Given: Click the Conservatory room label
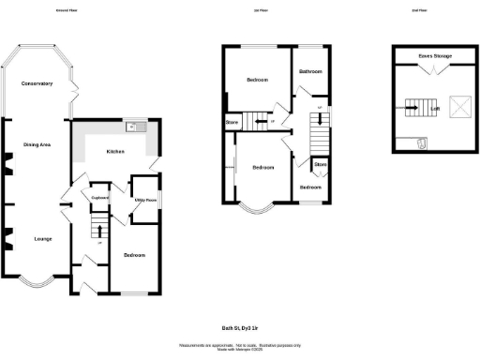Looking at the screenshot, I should (x=37, y=84).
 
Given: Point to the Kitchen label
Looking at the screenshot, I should (x=115, y=151).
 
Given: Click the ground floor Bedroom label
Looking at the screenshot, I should (x=134, y=255).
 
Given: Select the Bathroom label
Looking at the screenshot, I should (x=311, y=72).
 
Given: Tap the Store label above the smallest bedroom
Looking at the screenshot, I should (x=320, y=165).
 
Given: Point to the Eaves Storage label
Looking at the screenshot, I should (x=435, y=56).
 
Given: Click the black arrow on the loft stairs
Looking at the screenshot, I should (x=411, y=108).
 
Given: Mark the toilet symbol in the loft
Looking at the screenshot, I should (x=422, y=143).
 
